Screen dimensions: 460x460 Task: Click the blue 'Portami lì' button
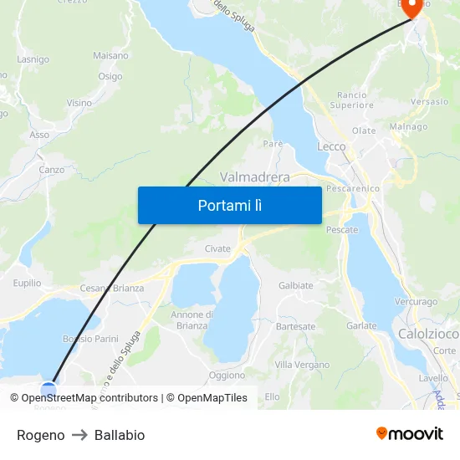pyautogui.click(x=229, y=205)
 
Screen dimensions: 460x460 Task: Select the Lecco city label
pyautogui.click(x=331, y=146)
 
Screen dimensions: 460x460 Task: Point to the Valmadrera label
pyautogui.click(x=254, y=177)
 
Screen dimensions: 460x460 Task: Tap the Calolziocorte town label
pyautogui.click(x=427, y=334)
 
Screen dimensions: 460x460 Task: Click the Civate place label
pyautogui.click(x=217, y=248)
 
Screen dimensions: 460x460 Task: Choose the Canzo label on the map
pyautogui.click(x=51, y=170)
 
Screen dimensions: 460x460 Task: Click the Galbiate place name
pyautogui.click(x=295, y=285)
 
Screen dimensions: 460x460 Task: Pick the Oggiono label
pyautogui.click(x=227, y=376)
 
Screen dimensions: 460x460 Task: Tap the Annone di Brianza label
pyautogui.click(x=192, y=320)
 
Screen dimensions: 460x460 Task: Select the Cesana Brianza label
pyautogui.click(x=111, y=289)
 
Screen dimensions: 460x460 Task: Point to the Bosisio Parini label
pyautogui.click(x=90, y=339)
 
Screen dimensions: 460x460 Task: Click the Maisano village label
pyautogui.click(x=110, y=55)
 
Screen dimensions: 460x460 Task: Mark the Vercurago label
pyautogui.click(x=416, y=302)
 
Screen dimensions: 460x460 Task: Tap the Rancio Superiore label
pyautogui.click(x=351, y=100)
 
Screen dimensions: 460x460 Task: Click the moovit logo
pyautogui.click(x=409, y=434)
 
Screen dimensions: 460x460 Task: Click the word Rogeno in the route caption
pyautogui.click(x=40, y=435)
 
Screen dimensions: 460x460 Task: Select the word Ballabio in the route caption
pyautogui.click(x=120, y=435)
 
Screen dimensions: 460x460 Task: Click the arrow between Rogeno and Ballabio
pyautogui.click(x=79, y=435)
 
